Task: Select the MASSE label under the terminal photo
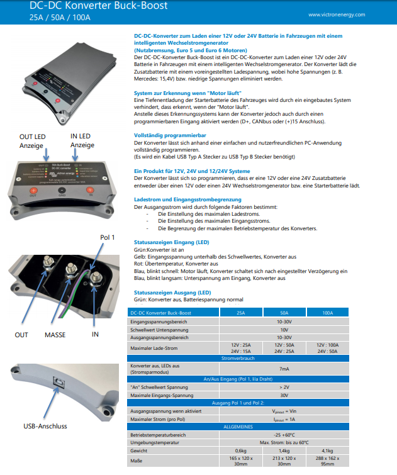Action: click(55, 335)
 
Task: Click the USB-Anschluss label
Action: click(45, 426)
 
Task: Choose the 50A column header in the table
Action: click(284, 313)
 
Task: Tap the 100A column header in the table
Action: click(328, 313)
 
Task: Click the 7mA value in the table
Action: click(284, 369)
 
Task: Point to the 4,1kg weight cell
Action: click(328, 451)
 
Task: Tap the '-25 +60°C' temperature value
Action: click(284, 435)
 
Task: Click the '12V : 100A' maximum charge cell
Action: click(328, 345)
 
